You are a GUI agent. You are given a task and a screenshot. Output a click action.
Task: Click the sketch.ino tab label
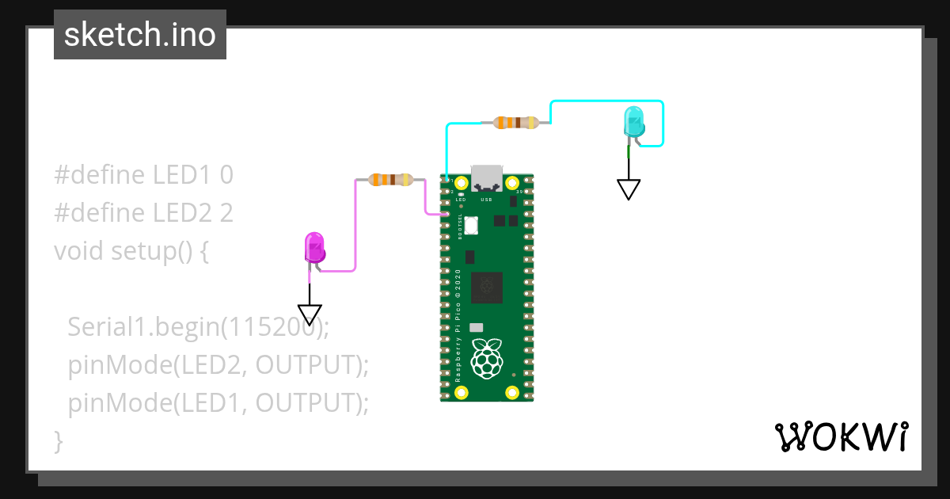click(x=140, y=35)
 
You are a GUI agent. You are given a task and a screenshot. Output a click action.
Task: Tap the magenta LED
click(x=314, y=247)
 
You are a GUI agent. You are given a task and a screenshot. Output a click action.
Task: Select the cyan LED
click(x=634, y=121)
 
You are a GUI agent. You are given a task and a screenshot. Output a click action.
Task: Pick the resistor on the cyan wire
click(x=515, y=122)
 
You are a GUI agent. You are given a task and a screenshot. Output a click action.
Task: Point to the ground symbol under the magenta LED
click(x=310, y=314)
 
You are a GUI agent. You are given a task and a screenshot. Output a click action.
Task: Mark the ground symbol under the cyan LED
click(x=629, y=189)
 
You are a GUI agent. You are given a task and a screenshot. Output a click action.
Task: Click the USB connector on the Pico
click(x=486, y=178)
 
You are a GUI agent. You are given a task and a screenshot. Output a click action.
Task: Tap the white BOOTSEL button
click(x=472, y=225)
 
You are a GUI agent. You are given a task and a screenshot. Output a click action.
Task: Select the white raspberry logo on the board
click(x=487, y=358)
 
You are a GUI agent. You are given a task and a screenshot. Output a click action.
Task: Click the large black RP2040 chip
click(x=486, y=288)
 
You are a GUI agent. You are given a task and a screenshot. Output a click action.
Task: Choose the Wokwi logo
click(x=841, y=436)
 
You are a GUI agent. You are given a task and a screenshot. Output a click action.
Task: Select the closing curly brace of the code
click(x=58, y=440)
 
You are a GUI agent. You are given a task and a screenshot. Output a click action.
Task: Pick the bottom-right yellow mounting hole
click(x=512, y=391)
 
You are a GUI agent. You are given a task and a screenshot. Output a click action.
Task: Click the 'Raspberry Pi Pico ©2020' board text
click(x=458, y=325)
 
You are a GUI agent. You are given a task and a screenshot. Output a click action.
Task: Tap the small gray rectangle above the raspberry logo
click(x=476, y=327)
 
